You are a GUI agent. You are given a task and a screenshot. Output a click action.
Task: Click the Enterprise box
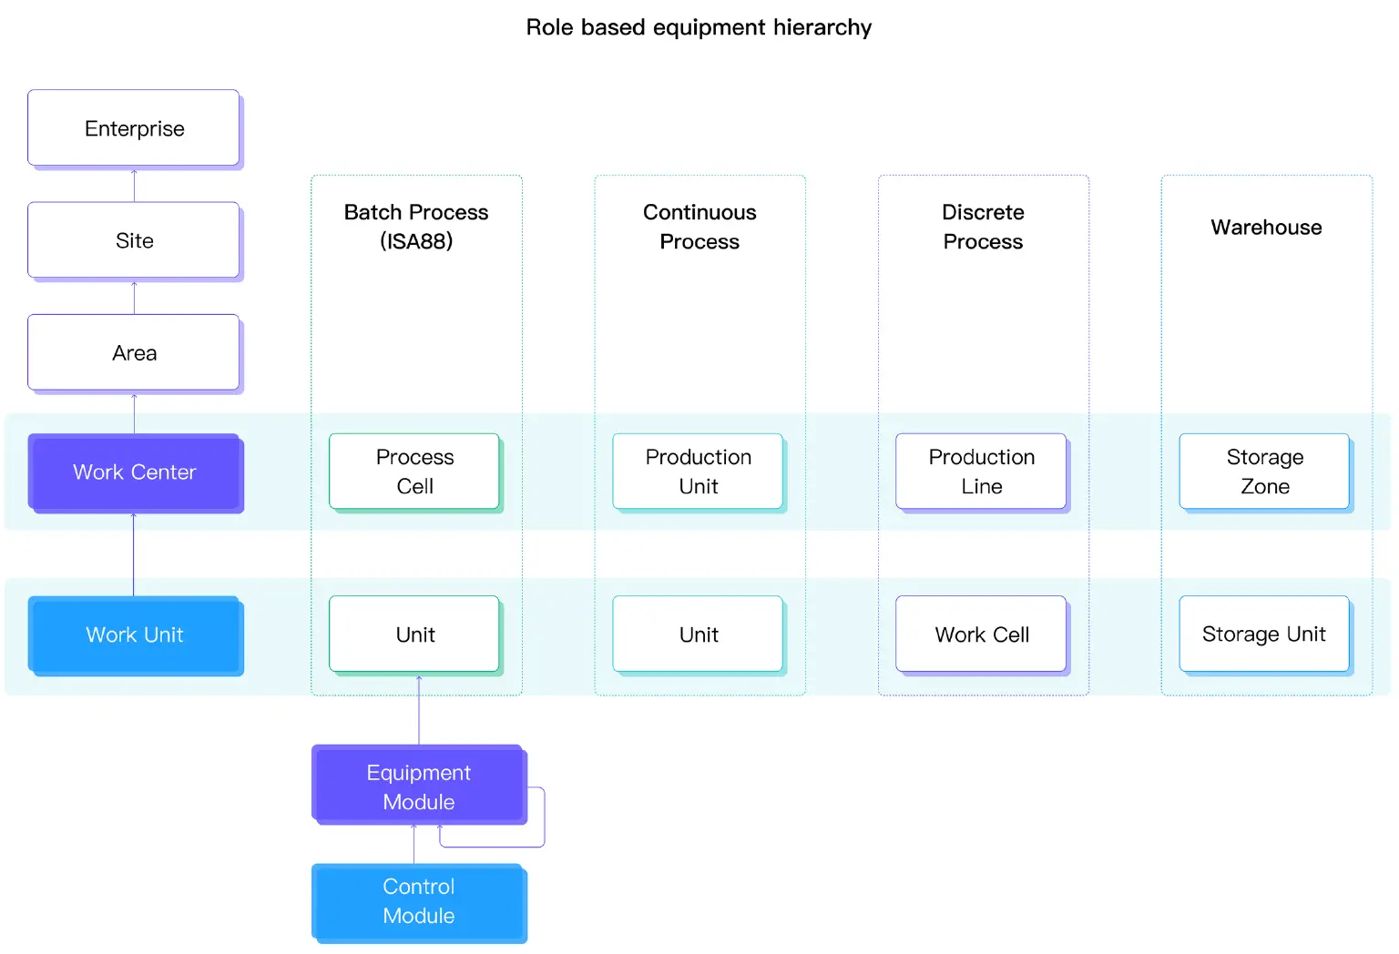pos(134,128)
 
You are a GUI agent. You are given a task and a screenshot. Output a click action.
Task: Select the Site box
pos(134,240)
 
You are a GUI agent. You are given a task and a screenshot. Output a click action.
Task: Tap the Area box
pos(134,353)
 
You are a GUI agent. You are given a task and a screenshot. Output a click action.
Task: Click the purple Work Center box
pos(134,472)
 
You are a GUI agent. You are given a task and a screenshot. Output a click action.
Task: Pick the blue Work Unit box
pos(134,634)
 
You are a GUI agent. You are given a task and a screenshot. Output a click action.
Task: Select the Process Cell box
pos(414,472)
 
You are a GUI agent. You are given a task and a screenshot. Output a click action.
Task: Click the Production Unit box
pos(698,472)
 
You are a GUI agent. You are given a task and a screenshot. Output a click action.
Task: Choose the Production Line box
pos(981,472)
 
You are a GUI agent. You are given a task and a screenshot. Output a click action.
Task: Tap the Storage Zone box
pos(1264,472)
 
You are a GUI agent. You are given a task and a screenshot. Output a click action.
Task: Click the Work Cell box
pos(981,634)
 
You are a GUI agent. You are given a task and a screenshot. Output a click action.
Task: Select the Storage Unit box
pos(1264,634)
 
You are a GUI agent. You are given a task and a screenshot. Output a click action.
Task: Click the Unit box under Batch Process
pos(414,634)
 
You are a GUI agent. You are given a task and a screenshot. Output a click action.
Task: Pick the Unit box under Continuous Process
pos(698,634)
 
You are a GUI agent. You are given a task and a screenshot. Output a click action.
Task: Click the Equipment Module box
pos(418,787)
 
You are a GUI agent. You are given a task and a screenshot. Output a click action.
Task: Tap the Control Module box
pos(418,901)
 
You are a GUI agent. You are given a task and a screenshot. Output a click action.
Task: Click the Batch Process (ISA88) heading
pos(416,227)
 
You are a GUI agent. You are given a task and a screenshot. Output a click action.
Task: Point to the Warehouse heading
pos(1266,228)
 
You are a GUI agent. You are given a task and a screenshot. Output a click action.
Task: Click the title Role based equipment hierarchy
pos(699,27)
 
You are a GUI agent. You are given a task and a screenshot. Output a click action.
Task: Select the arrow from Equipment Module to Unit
pos(419,710)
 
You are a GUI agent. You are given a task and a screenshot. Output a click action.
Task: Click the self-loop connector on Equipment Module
pos(544,819)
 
